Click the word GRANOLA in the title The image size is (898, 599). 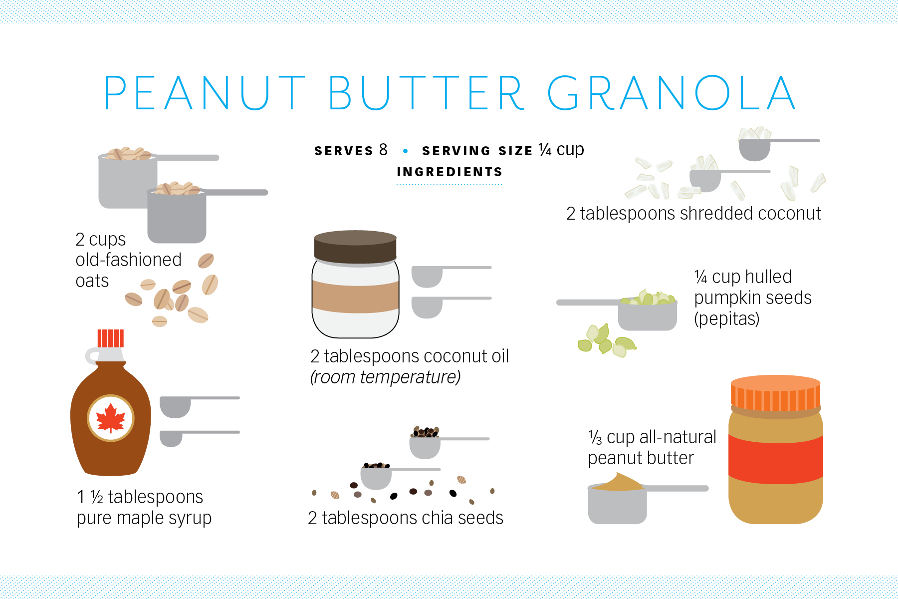(672, 93)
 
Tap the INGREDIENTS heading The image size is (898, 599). (449, 172)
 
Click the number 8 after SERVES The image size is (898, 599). (383, 149)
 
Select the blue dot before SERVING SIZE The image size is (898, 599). (405, 151)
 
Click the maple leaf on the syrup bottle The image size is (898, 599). (111, 418)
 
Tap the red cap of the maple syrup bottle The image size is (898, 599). (110, 338)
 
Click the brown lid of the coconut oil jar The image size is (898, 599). (355, 247)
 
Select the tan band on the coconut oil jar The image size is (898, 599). (355, 297)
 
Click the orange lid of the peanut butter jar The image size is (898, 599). (776, 393)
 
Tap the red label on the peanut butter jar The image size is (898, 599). (776, 458)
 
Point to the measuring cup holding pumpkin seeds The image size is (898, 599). (647, 314)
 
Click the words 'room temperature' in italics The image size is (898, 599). (385, 377)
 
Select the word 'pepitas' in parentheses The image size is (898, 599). (727, 318)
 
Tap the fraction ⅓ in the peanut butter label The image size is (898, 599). (595, 437)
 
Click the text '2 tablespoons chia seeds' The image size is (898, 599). (406, 518)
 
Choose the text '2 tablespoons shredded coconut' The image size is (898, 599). (693, 214)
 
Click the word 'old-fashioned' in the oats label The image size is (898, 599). (128, 260)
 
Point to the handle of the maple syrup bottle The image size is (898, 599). (92, 356)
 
